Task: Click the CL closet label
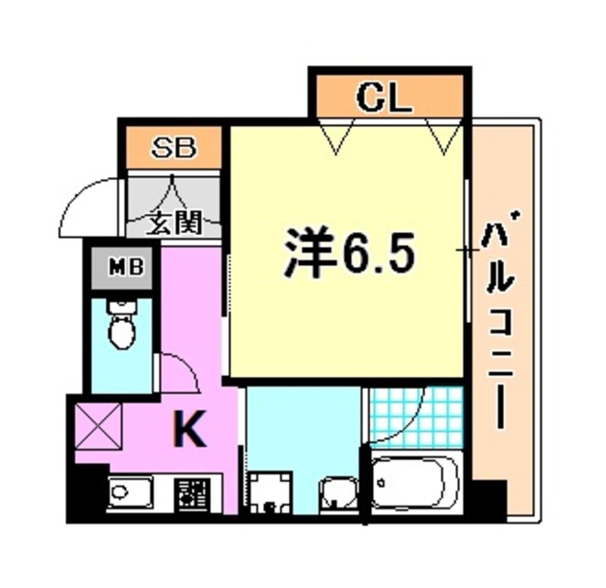[383, 98]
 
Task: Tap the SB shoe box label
[175, 148]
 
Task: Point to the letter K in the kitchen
[190, 432]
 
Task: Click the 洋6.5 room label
[348, 251]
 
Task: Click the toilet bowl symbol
[121, 327]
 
